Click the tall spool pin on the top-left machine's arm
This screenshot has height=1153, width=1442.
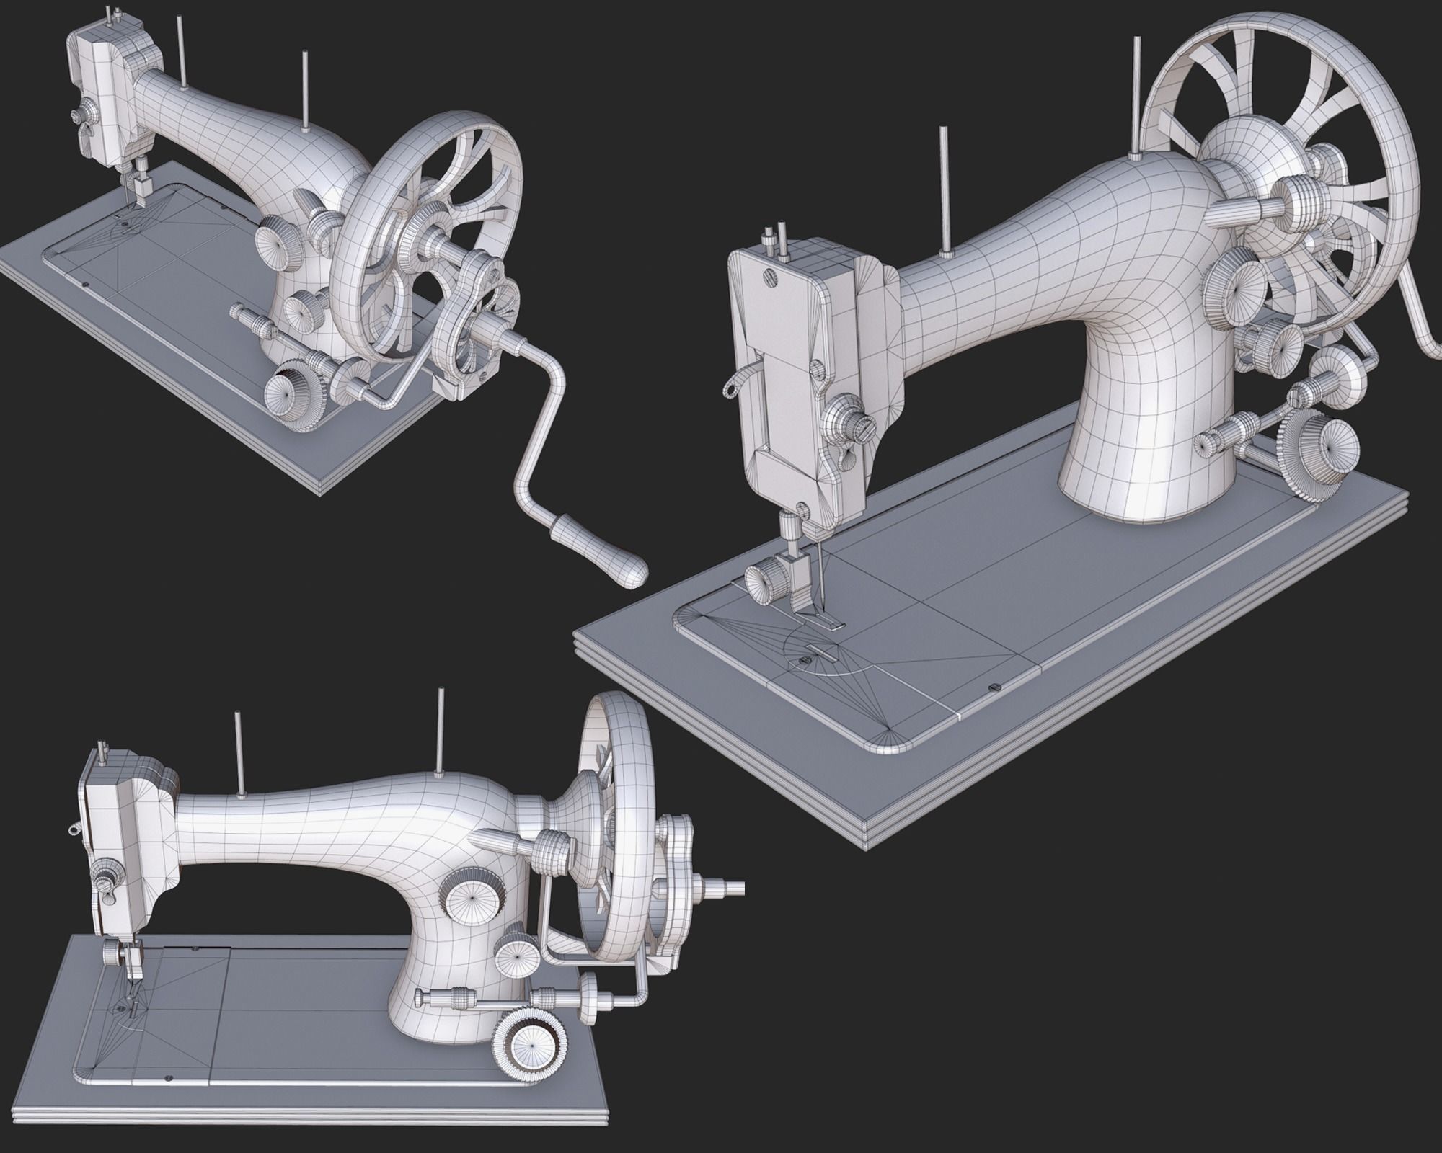point(306,90)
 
